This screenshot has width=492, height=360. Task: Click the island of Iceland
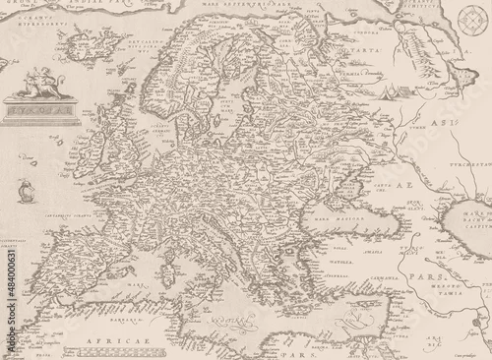tap(87, 44)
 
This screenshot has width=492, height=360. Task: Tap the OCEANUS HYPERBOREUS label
tap(38, 19)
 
